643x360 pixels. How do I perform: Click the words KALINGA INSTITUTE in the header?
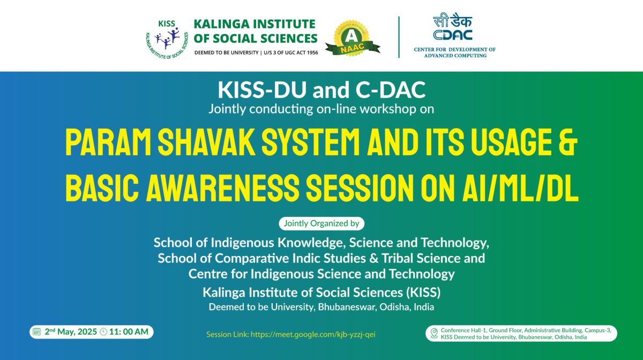click(x=254, y=24)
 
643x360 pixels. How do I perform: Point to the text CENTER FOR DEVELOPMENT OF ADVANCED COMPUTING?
click(x=454, y=52)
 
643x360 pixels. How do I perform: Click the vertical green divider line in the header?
click(x=399, y=37)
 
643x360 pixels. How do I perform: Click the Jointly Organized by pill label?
click(x=322, y=223)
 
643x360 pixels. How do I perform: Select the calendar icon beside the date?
click(x=37, y=332)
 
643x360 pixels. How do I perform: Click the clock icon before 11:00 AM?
click(x=103, y=332)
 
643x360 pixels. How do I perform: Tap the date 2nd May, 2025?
click(x=71, y=332)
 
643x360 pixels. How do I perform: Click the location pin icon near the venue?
click(x=433, y=334)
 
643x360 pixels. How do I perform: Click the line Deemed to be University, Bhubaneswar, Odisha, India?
click(x=322, y=307)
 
